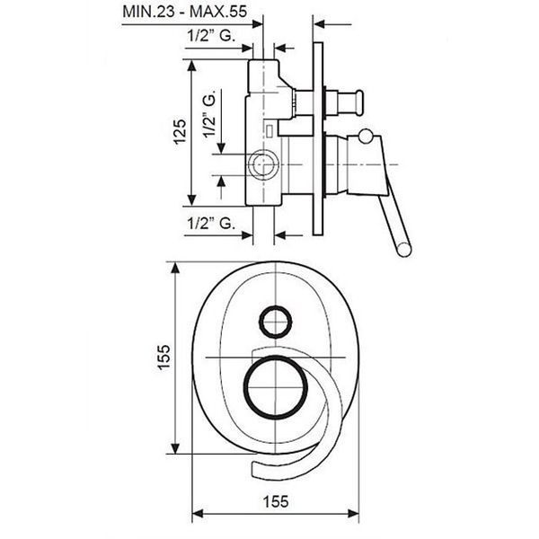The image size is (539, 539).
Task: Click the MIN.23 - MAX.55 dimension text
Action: pyautogui.click(x=184, y=12)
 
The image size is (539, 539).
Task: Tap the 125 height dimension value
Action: pyautogui.click(x=180, y=132)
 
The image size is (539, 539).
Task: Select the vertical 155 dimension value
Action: pyautogui.click(x=163, y=358)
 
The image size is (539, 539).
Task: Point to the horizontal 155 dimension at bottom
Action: pyautogui.click(x=276, y=501)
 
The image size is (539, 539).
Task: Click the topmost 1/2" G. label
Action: pyautogui.click(x=211, y=35)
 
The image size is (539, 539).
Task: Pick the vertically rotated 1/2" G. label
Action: pyautogui.click(x=209, y=114)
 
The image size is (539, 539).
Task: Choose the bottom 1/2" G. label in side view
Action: pyautogui.click(x=211, y=224)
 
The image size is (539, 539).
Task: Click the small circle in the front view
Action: pyautogui.click(x=276, y=322)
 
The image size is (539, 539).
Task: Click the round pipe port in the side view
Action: pyautogui.click(x=263, y=165)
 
